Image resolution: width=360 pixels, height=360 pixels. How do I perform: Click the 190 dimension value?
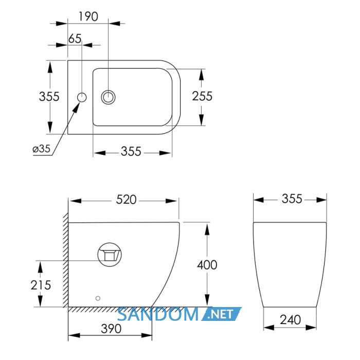(88, 16)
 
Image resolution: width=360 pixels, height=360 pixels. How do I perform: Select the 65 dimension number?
(75, 39)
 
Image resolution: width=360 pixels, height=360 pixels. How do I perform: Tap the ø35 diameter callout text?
(41, 149)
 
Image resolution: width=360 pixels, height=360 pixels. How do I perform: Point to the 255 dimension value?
(202, 96)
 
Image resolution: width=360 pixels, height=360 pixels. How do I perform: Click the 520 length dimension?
(126, 200)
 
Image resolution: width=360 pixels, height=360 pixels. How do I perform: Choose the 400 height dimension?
(207, 265)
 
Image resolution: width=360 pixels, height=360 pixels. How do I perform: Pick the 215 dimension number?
(41, 285)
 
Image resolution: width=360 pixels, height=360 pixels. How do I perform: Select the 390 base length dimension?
(111, 329)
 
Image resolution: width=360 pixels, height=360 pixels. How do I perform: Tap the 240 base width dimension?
(290, 320)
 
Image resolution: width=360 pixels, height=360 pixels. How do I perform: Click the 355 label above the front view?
(292, 199)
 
